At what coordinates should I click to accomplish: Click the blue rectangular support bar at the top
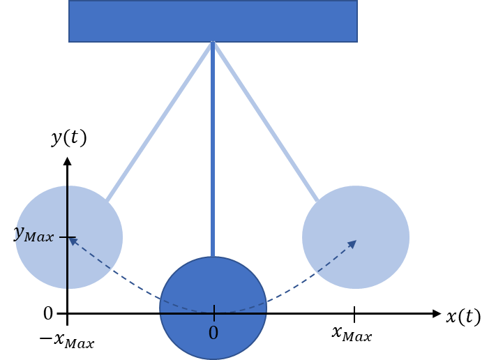(x=213, y=21)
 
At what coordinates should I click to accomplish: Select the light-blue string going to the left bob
(x=159, y=122)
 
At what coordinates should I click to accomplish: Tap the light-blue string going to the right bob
(x=265, y=122)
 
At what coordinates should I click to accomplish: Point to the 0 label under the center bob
(x=213, y=333)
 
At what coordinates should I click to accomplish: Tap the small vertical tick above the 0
(x=213, y=309)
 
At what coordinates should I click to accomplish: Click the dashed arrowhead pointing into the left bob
(x=72, y=241)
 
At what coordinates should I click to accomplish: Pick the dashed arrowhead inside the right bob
(x=352, y=243)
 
